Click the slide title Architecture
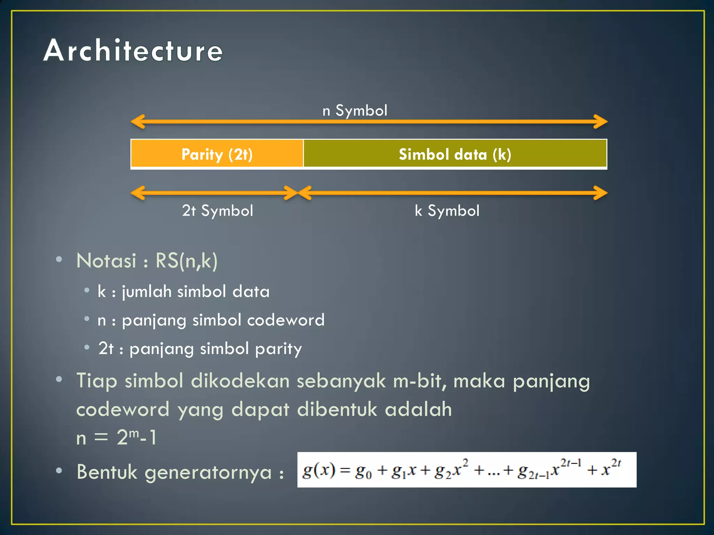[133, 51]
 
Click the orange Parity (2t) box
[217, 154]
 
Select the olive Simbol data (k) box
[455, 154]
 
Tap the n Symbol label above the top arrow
[355, 111]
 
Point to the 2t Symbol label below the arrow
[218, 211]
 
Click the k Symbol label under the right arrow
[447, 211]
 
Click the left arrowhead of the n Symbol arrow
[137, 122]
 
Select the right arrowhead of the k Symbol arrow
[601, 193]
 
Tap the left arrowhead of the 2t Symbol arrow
[137, 193]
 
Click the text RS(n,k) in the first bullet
[187, 261]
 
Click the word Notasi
[106, 261]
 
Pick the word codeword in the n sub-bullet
[286, 320]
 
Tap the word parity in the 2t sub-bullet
[278, 349]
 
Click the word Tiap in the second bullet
[97, 381]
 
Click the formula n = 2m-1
[117, 437]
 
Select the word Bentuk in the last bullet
[107, 472]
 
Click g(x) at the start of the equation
[319, 470]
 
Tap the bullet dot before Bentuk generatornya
[59, 471]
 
